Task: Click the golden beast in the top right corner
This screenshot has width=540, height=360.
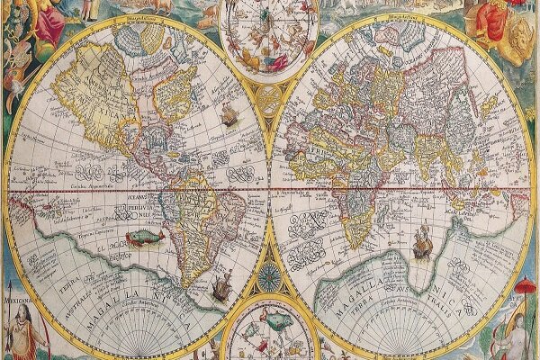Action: coord(517,36)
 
